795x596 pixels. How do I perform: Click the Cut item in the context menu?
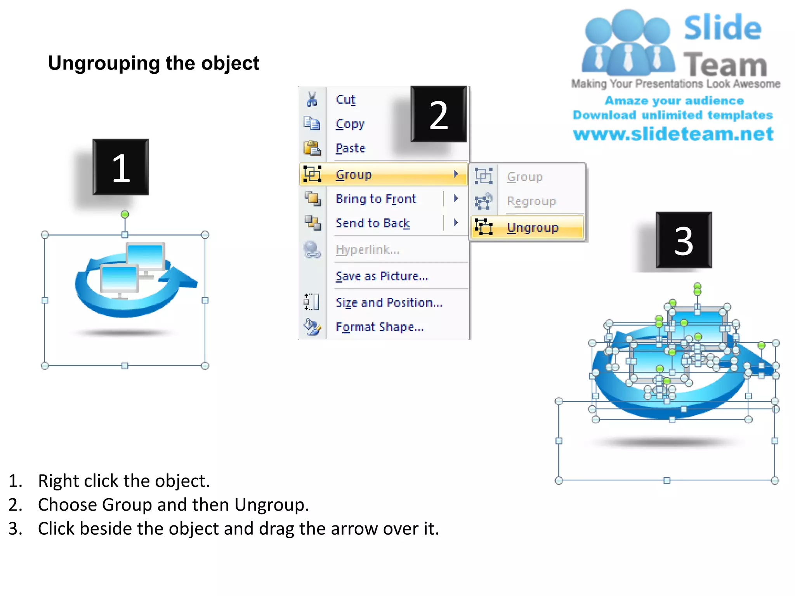345,100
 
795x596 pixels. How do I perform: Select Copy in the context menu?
350,124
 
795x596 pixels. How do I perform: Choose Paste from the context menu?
350,148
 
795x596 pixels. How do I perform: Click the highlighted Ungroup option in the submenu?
532,227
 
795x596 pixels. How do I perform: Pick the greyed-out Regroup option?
531,201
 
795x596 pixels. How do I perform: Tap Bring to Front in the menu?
375,199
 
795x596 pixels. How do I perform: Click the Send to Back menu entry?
372,223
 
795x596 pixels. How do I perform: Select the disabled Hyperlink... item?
367,249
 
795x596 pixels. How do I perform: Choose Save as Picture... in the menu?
382,276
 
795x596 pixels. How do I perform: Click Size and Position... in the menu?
389,302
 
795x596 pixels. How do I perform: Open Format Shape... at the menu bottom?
379,327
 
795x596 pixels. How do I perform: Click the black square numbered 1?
121,167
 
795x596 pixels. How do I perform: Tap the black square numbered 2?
439,114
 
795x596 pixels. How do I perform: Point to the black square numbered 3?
684,240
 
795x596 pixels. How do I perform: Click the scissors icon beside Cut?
312,99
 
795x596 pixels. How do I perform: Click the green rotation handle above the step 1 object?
125,215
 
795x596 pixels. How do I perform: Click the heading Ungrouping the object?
153,63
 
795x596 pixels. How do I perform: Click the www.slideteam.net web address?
673,134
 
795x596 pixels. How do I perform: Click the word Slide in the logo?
722,28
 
